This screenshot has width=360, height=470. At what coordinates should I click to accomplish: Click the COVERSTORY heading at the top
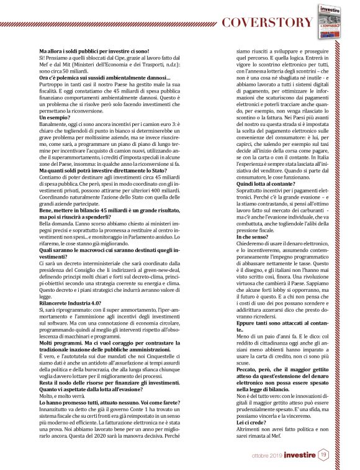[x=268, y=23]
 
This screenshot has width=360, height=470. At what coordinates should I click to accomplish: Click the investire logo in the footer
[x=297, y=456]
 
